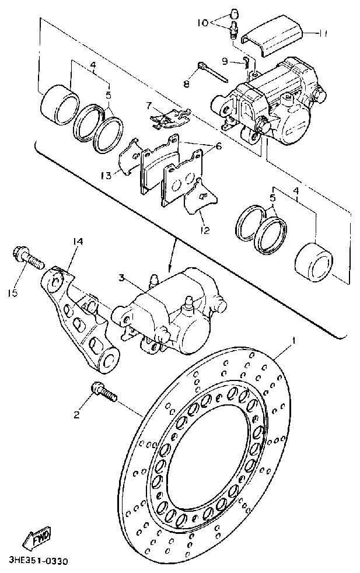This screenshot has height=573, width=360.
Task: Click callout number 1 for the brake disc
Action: [295, 340]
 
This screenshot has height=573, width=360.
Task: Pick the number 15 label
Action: [13, 292]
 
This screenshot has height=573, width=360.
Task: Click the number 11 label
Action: [322, 34]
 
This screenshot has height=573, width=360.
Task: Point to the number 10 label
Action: [202, 23]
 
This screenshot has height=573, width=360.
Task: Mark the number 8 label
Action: [187, 85]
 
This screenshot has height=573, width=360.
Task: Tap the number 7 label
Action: [149, 105]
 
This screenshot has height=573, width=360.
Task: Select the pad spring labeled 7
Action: [170, 118]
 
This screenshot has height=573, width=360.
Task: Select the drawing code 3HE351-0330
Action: [39, 561]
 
